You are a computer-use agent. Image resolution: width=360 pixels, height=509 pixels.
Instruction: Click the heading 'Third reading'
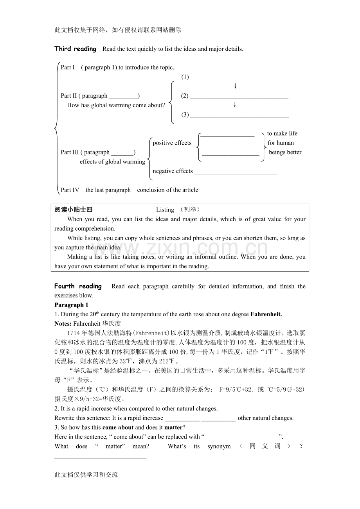[75, 49]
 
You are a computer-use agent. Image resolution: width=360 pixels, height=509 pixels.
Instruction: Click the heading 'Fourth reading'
[78, 286]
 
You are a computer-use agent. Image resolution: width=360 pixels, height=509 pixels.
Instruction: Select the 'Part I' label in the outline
[68, 67]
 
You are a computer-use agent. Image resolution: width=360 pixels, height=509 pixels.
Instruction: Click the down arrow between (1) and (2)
[235, 86]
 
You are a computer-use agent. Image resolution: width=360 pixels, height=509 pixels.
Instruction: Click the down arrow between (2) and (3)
[235, 105]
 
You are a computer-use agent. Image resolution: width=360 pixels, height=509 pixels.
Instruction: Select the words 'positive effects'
[172, 143]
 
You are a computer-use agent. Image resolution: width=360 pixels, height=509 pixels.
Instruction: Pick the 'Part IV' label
[70, 190]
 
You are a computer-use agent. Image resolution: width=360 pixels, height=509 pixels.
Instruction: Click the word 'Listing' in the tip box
[165, 210]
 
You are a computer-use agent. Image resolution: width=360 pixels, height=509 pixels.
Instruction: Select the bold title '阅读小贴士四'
[74, 210]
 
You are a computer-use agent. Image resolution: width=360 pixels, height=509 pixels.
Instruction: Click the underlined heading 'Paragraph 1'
[71, 305]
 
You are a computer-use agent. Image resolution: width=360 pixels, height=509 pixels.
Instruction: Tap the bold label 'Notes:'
[63, 324]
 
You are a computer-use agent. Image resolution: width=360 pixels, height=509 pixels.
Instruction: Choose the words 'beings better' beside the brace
[285, 152]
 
